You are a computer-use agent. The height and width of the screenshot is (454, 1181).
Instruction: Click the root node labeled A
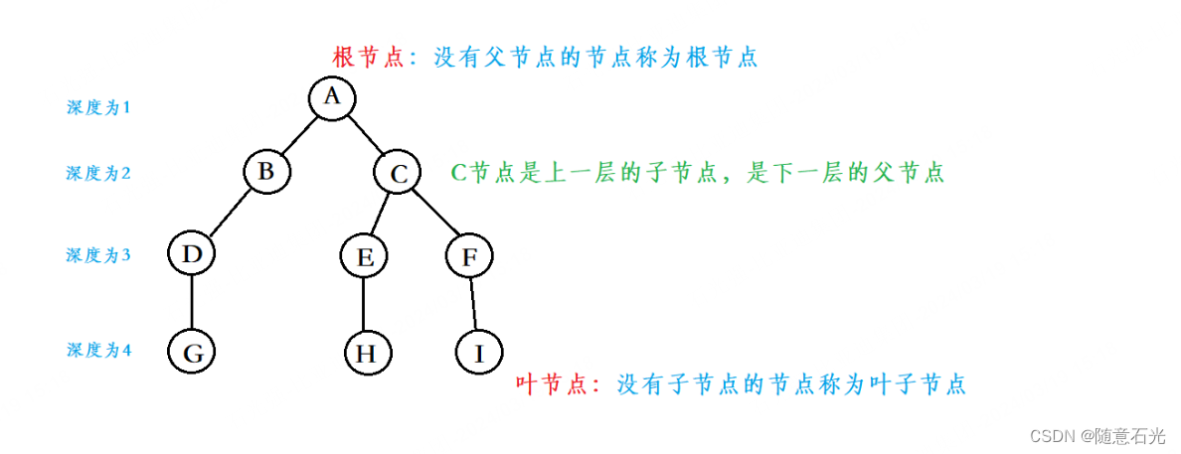332,96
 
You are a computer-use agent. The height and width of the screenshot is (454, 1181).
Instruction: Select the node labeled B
266,171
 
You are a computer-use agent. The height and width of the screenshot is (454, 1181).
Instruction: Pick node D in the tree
192,254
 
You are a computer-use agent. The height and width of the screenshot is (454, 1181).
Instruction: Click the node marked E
364,257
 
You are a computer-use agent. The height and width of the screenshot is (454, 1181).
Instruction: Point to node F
469,256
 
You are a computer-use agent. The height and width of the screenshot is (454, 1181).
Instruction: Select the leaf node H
368,352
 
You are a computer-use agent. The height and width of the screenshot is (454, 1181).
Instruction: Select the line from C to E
382,215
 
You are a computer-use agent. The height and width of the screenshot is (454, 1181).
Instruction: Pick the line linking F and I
474,303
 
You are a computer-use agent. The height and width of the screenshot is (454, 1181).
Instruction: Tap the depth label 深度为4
98,350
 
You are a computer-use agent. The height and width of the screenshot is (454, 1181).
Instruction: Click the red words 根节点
368,57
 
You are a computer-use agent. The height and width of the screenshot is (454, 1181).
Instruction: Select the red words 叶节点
552,384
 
